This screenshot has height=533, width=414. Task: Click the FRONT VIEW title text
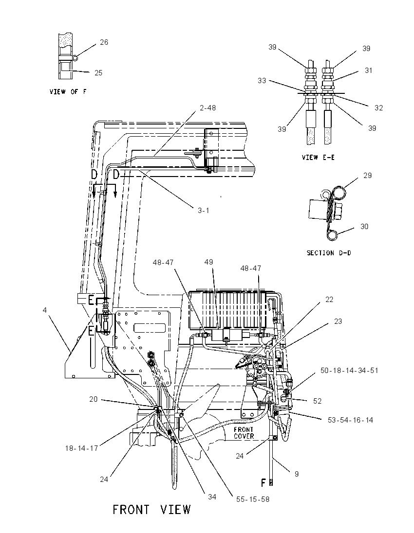[151, 510]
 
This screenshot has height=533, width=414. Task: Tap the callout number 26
[104, 42]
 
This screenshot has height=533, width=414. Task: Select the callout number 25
[98, 73]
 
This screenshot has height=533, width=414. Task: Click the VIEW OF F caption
[68, 91]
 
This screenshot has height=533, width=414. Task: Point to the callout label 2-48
[207, 108]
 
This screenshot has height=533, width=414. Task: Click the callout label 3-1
[204, 211]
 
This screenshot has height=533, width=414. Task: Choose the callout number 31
[368, 71]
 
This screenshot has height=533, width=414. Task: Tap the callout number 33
[262, 81]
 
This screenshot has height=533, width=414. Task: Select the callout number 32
[378, 108]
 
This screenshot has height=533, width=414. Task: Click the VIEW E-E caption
[318, 158]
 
